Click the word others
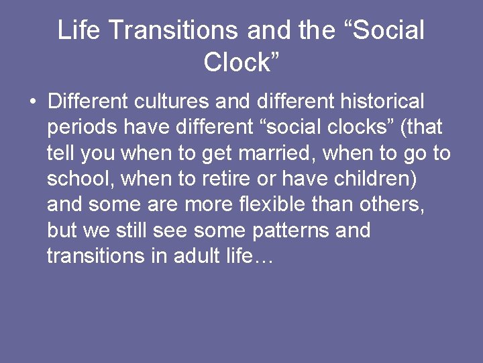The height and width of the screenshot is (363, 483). click(x=390, y=204)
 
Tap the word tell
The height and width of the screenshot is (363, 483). click(x=60, y=153)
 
